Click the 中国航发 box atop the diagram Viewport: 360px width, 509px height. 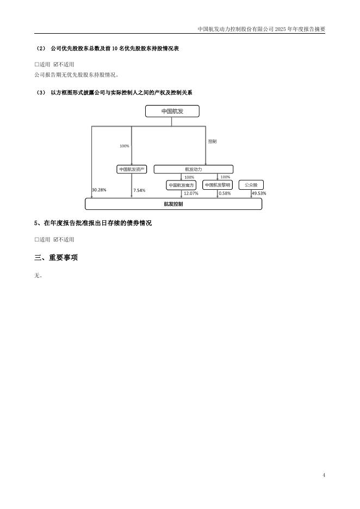click(x=172, y=111)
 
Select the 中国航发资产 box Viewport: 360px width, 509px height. click(x=132, y=170)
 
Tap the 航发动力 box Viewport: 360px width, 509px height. click(x=193, y=170)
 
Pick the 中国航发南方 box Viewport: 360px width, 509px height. click(x=181, y=185)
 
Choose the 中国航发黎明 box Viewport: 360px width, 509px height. click(x=218, y=185)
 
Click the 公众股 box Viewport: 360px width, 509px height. click(x=251, y=185)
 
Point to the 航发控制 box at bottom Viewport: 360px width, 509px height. click(x=173, y=204)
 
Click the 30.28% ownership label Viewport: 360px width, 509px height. click(x=99, y=190)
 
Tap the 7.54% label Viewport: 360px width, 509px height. click(x=139, y=191)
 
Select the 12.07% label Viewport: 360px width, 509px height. click(x=190, y=194)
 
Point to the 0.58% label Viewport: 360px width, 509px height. click(x=225, y=194)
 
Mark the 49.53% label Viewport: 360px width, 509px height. click(x=259, y=194)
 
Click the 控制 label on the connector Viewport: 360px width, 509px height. click(x=212, y=141)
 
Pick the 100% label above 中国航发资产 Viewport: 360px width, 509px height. click(x=124, y=146)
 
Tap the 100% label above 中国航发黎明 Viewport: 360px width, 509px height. click(x=225, y=177)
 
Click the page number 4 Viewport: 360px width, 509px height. click(x=324, y=476)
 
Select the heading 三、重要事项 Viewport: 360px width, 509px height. click(x=56, y=257)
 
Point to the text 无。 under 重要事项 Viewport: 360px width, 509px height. click(x=38, y=275)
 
